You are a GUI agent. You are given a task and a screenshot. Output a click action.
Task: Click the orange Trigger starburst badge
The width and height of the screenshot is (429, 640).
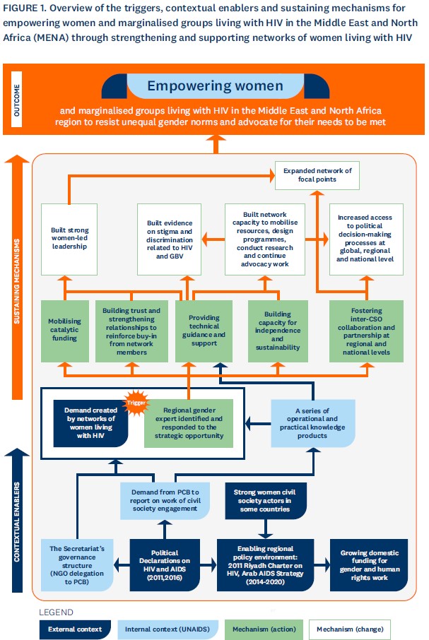pyautogui.click(x=136, y=403)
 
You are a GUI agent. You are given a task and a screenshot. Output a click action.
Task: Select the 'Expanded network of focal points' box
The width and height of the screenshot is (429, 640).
pyautogui.click(x=317, y=175)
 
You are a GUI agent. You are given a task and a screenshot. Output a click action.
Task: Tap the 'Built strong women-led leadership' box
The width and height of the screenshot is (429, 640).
pyautogui.click(x=69, y=239)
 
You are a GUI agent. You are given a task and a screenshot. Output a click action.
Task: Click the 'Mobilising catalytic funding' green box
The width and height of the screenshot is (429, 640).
pyautogui.click(x=65, y=331)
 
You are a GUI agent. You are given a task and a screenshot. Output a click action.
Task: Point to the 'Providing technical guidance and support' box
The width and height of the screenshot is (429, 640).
pyautogui.click(x=204, y=331)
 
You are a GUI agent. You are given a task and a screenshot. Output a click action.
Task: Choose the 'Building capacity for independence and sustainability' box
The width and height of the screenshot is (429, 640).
pyautogui.click(x=278, y=331)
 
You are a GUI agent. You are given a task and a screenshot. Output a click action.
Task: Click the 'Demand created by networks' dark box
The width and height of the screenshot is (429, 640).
pyautogui.click(x=90, y=423)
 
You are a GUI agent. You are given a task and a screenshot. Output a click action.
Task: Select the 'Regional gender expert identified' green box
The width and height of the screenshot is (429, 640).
pyautogui.click(x=189, y=423)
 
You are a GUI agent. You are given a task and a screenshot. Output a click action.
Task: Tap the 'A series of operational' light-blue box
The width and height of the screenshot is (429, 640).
pyautogui.click(x=312, y=423)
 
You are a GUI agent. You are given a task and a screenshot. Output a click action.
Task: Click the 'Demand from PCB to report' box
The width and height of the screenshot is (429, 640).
pyautogui.click(x=165, y=501)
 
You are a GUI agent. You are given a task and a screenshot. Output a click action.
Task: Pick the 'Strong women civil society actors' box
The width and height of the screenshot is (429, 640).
pyautogui.click(x=265, y=501)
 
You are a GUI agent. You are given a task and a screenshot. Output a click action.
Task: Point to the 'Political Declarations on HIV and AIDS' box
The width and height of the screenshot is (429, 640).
pyautogui.click(x=165, y=565)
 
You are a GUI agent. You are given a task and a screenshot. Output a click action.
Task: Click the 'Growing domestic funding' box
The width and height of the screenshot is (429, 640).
pyautogui.click(x=369, y=565)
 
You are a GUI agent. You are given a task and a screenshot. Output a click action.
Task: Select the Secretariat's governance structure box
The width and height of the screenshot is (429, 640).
pyautogui.click(x=77, y=565)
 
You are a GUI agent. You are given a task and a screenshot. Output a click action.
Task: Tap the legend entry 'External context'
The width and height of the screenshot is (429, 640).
pyautogui.click(x=75, y=629)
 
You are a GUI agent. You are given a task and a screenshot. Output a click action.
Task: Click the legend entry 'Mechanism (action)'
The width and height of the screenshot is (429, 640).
pyautogui.click(x=264, y=629)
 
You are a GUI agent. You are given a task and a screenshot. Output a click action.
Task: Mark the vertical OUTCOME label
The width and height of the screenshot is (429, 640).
pyautogui.click(x=17, y=100)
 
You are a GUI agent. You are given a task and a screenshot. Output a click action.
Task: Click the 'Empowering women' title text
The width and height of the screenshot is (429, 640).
pyautogui.click(x=215, y=85)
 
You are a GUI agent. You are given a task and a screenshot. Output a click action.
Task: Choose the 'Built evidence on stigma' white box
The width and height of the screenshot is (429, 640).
pyautogui.click(x=170, y=239)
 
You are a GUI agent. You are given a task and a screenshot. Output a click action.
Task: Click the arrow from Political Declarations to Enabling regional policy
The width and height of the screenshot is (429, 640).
pyautogui.click(x=208, y=565)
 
